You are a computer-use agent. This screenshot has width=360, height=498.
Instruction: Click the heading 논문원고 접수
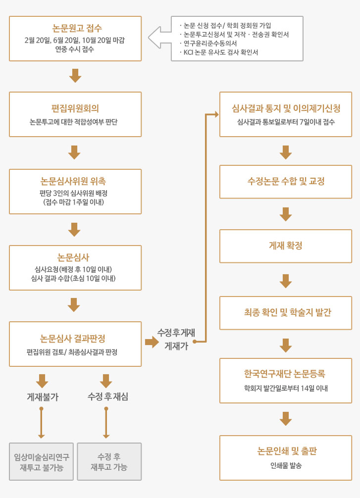[77, 28]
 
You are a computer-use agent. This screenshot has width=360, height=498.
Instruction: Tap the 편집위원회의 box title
[75, 108]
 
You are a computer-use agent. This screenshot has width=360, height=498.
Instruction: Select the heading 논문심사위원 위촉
[73, 181]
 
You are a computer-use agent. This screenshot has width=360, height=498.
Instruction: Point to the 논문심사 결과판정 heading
[72, 339]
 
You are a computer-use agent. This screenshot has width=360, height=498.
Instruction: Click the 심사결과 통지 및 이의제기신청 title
[286, 108]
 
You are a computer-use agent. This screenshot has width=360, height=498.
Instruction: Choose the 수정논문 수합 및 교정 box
[286, 182]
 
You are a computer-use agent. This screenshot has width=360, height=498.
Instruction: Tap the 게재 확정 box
[286, 246]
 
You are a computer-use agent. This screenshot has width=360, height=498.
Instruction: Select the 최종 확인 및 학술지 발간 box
[286, 313]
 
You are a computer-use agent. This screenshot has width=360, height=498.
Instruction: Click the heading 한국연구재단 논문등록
[284, 373]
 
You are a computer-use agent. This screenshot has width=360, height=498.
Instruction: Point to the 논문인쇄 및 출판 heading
[287, 451]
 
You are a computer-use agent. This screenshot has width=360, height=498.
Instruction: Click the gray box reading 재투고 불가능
[41, 461]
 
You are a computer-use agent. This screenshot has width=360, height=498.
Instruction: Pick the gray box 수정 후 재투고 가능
[109, 461]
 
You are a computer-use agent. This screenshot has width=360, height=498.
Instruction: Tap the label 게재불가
[43, 397]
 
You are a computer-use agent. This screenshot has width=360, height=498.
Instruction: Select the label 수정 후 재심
[108, 397]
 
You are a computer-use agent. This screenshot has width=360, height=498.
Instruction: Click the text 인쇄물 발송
[286, 466]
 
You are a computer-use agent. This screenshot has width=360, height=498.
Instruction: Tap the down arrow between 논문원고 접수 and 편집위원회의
[75, 76]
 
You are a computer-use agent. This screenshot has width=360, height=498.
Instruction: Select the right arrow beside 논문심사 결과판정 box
[152, 342]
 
